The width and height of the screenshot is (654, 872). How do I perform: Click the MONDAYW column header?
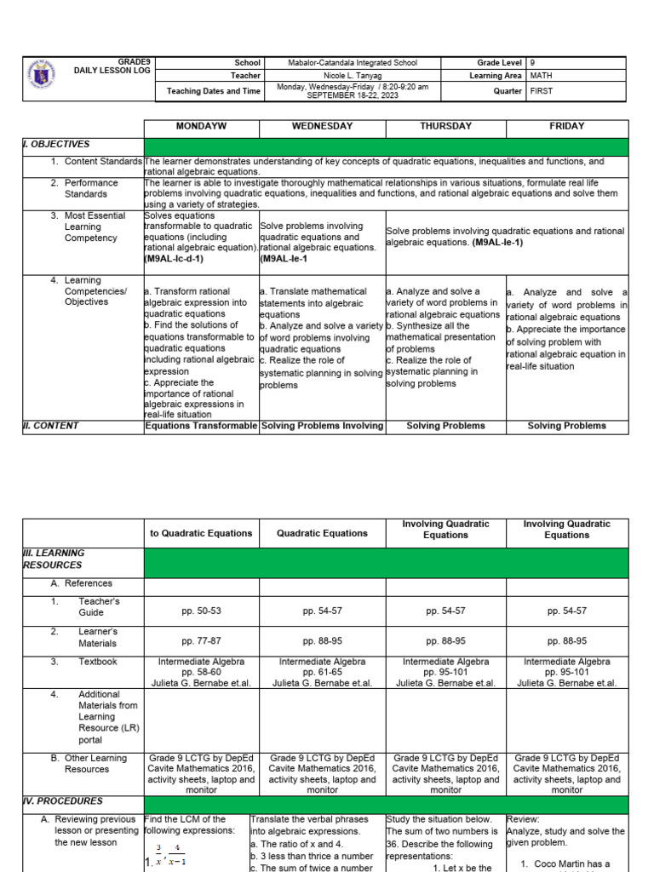(x=201, y=126)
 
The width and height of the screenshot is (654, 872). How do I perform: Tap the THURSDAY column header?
(x=445, y=126)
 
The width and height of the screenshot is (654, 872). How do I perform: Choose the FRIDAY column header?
(x=567, y=126)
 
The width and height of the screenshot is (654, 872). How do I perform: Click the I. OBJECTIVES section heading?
(x=56, y=145)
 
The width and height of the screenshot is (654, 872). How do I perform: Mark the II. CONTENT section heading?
(x=50, y=426)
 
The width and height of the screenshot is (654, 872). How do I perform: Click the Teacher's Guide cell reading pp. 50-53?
(x=201, y=611)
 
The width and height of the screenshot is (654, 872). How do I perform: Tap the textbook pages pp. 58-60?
(x=201, y=672)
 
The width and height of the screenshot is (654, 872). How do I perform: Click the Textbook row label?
(x=98, y=662)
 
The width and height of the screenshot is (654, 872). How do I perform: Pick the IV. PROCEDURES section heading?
(x=62, y=801)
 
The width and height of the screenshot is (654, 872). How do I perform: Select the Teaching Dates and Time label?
(x=214, y=90)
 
